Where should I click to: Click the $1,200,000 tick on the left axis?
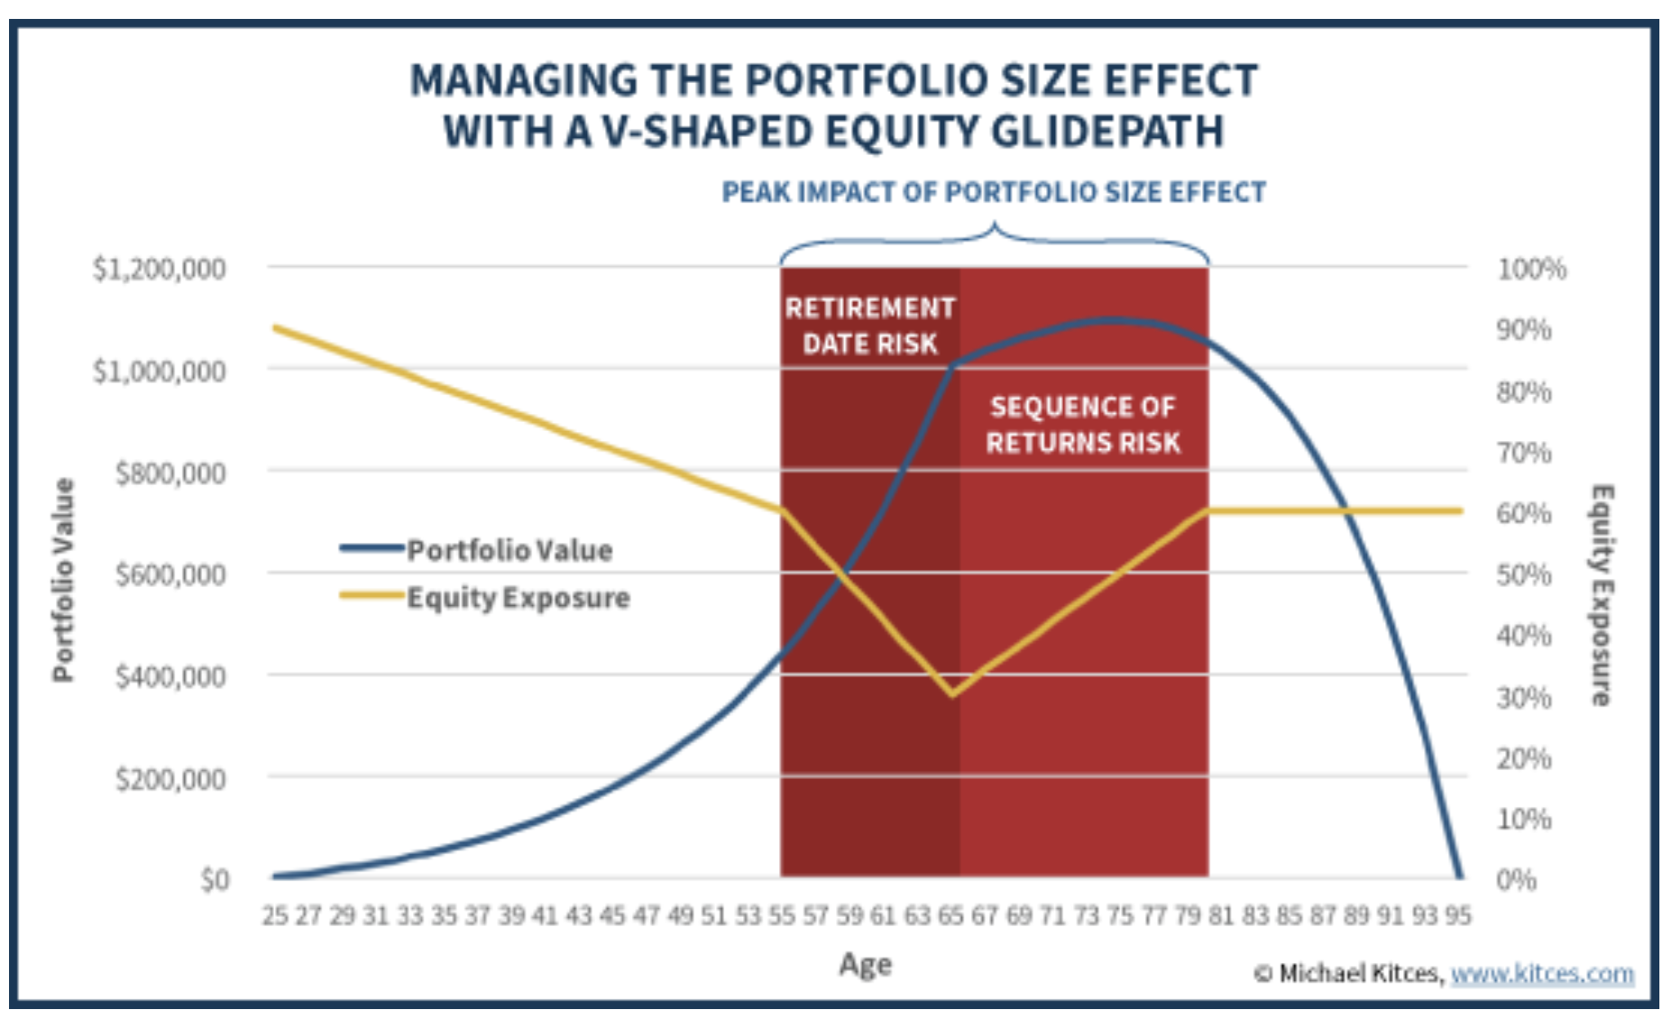click(x=159, y=269)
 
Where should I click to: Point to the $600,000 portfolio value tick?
click(x=170, y=574)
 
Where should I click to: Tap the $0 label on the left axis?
click(x=215, y=879)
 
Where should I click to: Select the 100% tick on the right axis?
click(x=1531, y=269)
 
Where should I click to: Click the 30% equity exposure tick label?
click(x=1524, y=697)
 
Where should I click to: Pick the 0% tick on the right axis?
click(x=1517, y=879)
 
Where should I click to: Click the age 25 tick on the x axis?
click(x=274, y=916)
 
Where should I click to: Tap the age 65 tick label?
click(x=951, y=916)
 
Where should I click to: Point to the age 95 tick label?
click(x=1457, y=916)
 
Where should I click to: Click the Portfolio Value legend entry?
click(x=509, y=550)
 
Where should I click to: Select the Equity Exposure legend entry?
click(x=517, y=598)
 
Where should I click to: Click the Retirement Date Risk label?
click(x=870, y=326)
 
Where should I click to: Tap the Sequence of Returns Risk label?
click(x=1083, y=425)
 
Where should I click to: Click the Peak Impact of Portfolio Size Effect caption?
click(x=994, y=192)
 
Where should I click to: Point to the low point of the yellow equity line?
click(x=952, y=694)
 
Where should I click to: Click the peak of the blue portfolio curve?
click(x=1115, y=320)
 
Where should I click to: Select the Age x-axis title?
click(x=865, y=964)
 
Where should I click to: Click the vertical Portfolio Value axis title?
click(x=62, y=580)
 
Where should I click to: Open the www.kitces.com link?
click(x=1542, y=974)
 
